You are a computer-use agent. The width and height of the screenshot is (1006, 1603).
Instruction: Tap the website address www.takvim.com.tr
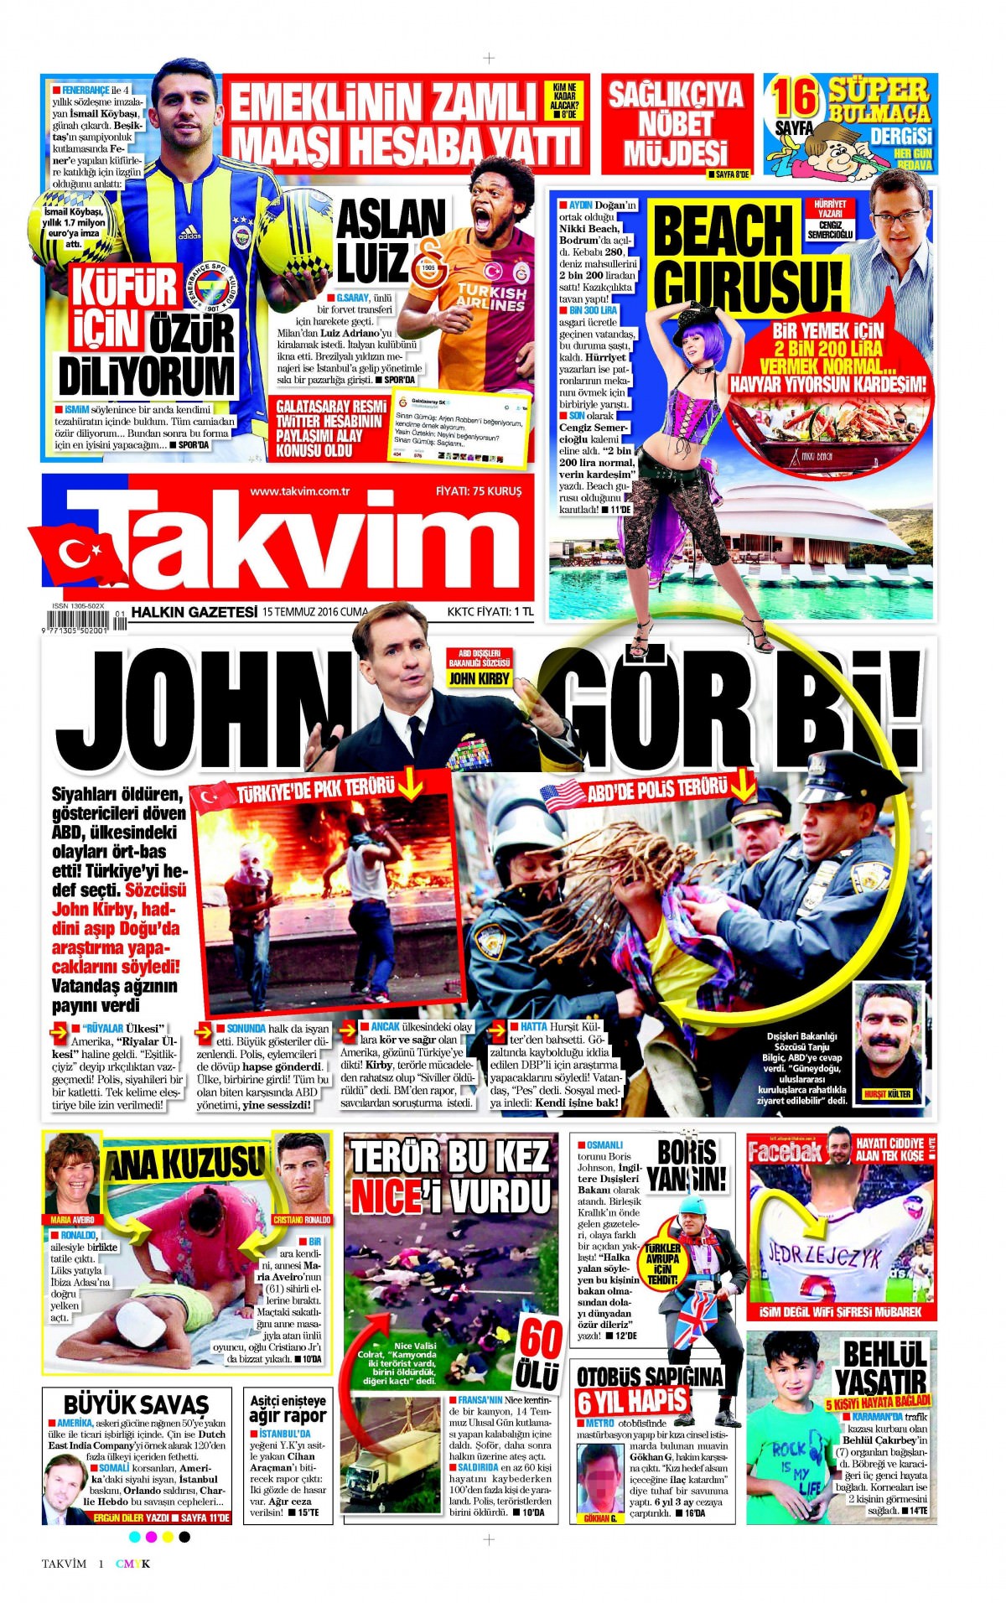pos(299,491)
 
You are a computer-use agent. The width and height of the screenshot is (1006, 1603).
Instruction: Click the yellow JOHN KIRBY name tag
pos(479,678)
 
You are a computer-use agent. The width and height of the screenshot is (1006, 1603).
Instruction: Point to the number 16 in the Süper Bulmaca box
pos(794,98)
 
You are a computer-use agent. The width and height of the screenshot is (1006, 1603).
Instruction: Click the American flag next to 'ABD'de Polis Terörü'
pos(563,795)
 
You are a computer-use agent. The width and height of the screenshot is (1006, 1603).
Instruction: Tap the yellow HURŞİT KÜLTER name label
pos(887,1094)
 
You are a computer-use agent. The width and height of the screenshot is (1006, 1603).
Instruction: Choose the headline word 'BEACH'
pos(723,230)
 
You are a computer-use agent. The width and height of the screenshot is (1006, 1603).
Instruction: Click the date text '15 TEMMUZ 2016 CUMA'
pos(314,612)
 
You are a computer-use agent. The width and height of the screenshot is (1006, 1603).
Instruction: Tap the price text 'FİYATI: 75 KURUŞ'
pos(479,491)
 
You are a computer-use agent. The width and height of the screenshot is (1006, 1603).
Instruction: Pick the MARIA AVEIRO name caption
pos(72,1219)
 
